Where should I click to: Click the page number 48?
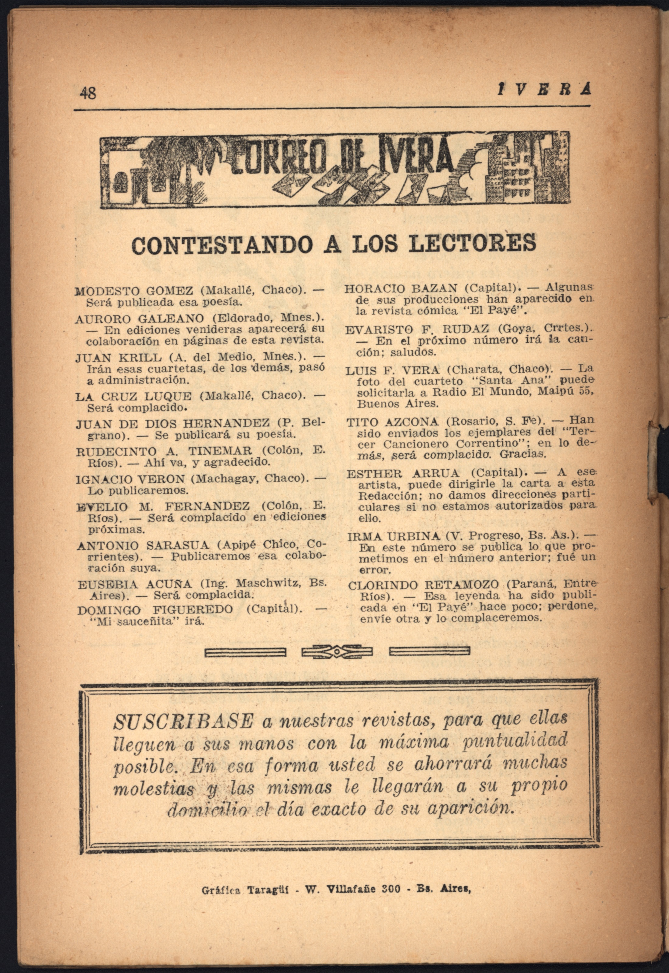tap(88, 93)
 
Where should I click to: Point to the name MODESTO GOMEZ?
tap(134, 291)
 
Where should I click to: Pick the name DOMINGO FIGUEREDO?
tap(155, 610)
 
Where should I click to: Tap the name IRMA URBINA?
tap(394, 536)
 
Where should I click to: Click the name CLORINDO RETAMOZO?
tap(423, 585)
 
